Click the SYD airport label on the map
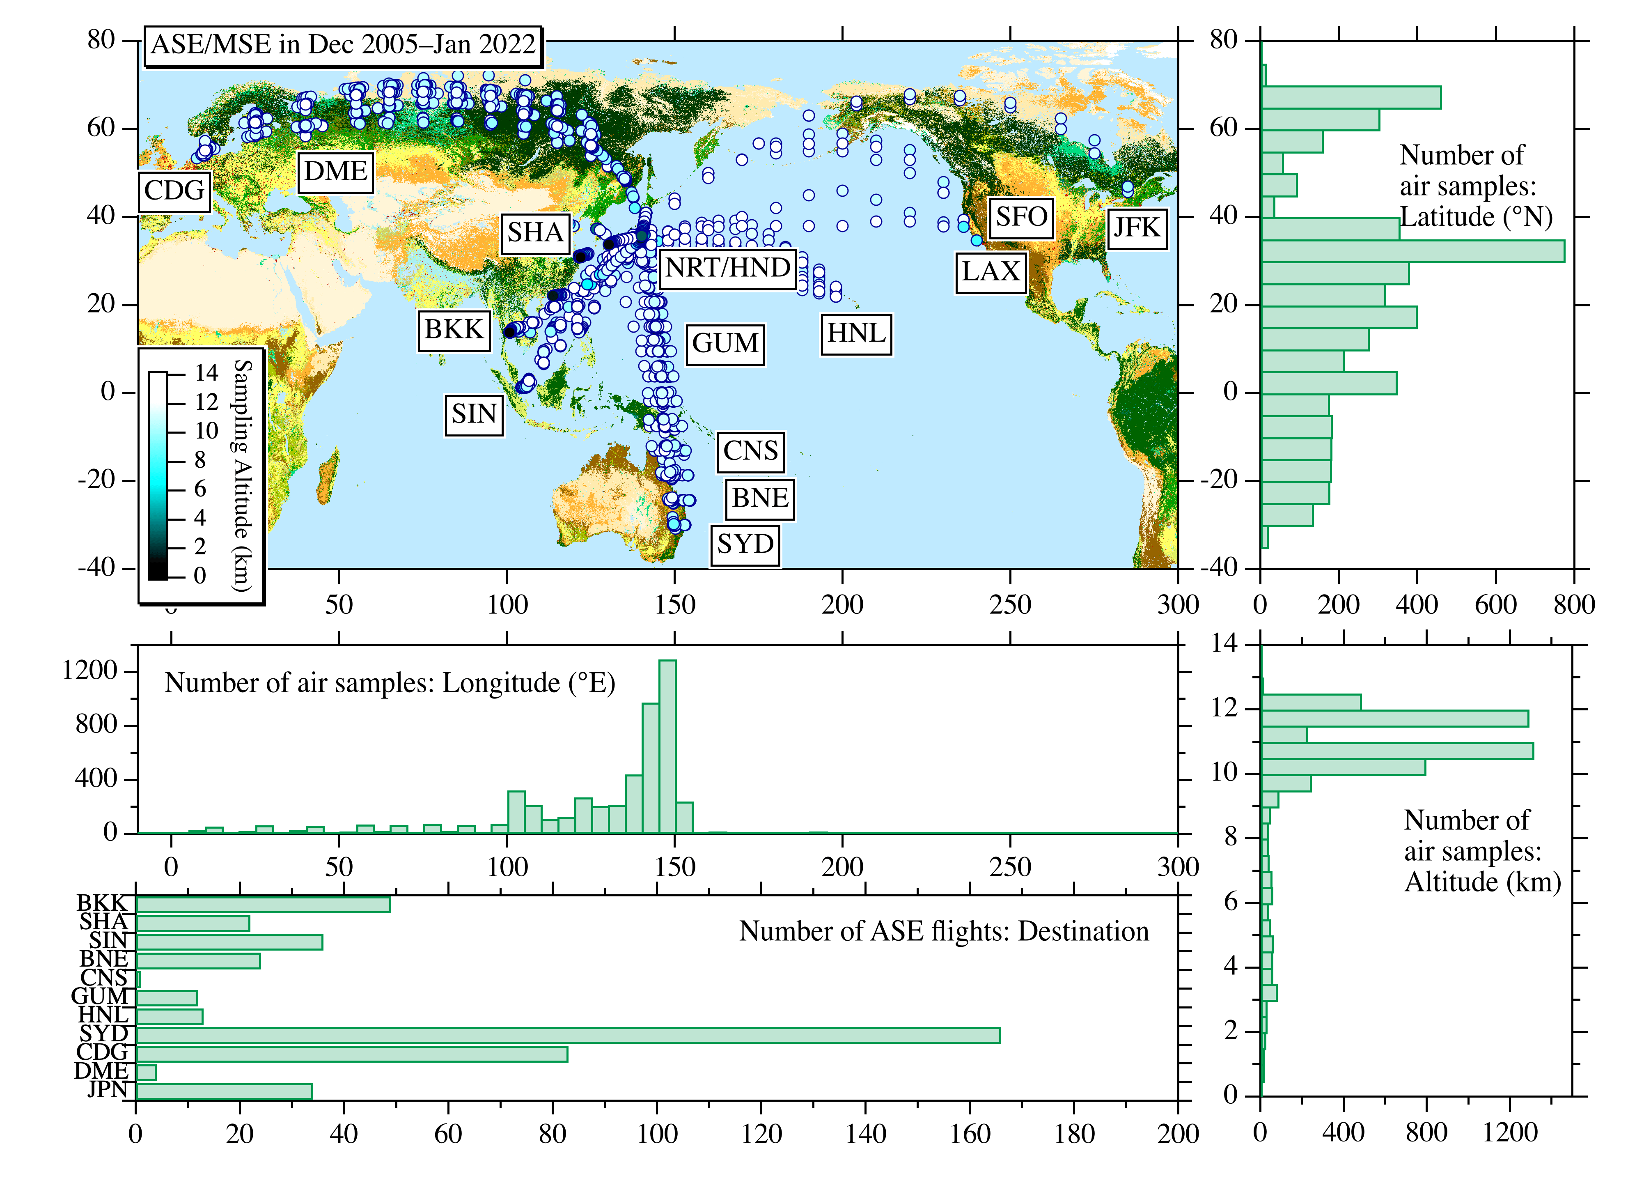coord(745,544)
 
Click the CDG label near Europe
coord(174,191)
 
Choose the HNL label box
coord(856,334)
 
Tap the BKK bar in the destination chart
coord(263,904)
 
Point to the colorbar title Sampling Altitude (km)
coord(242,475)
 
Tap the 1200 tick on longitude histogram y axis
coord(90,671)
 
